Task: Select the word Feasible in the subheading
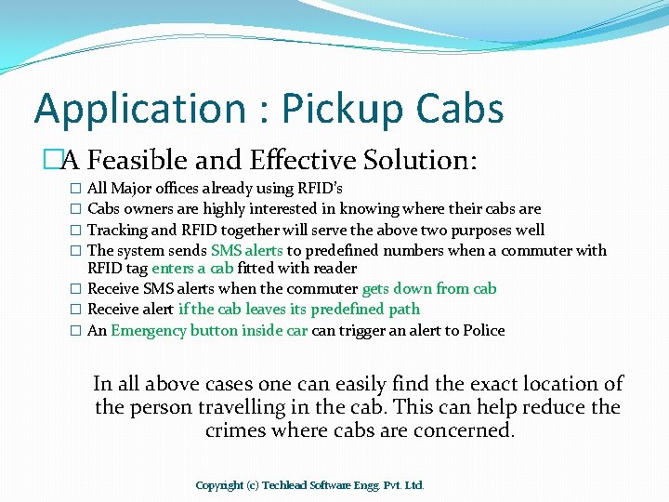click(x=159, y=162)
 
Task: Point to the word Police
click(x=483, y=330)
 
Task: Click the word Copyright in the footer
click(x=219, y=484)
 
